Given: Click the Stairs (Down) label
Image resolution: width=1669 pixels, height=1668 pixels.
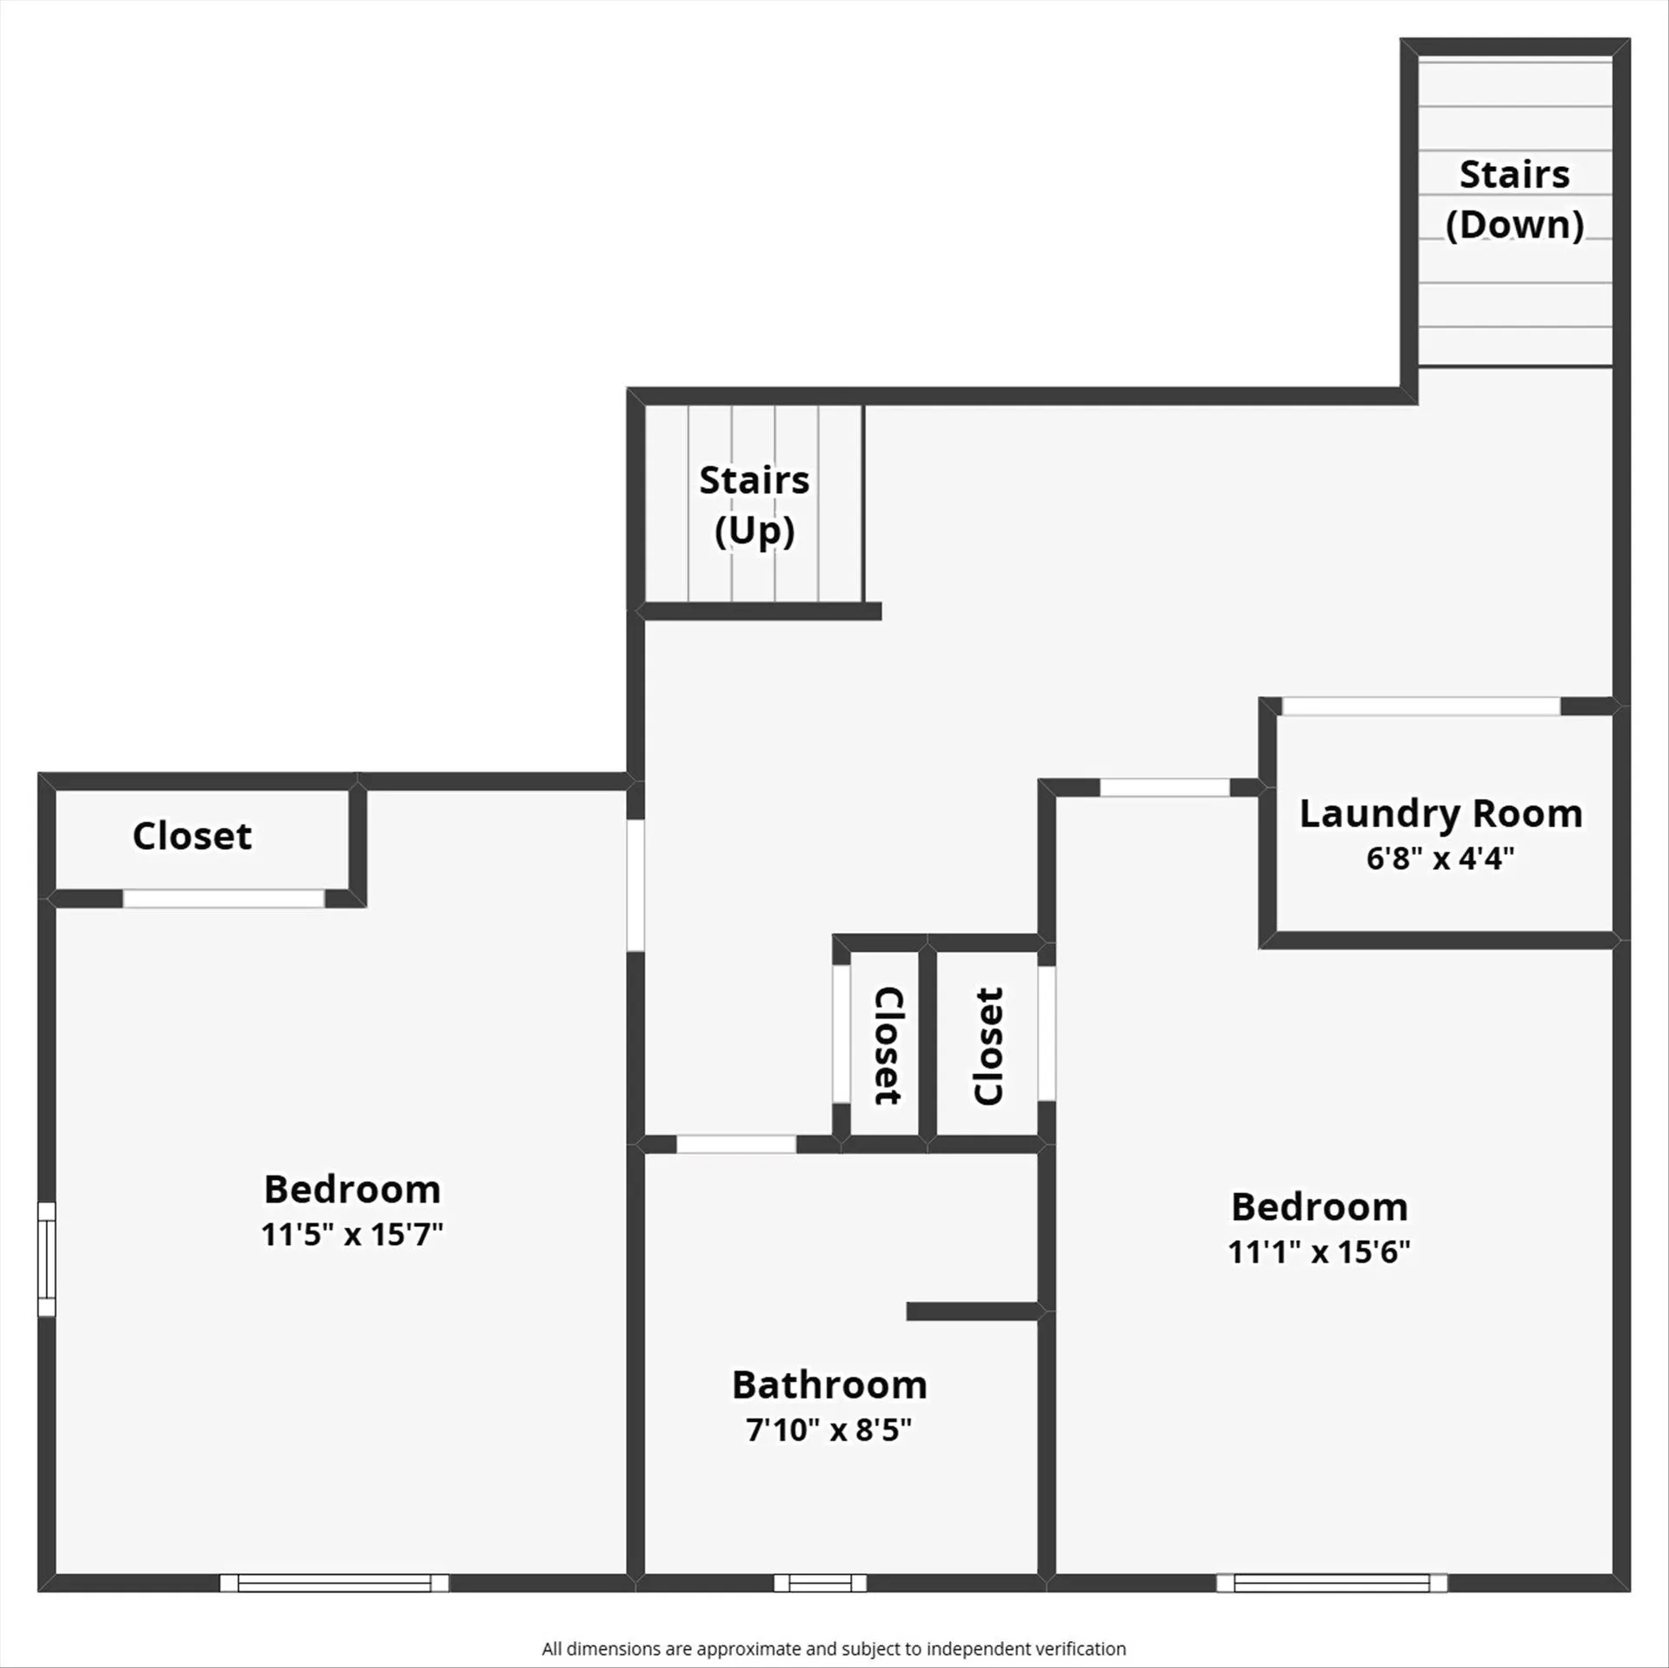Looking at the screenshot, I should click(1514, 199).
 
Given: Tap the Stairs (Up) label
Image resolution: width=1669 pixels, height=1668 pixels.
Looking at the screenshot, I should click(754, 504).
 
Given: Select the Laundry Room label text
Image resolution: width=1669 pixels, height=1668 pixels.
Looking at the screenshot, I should click(1440, 814).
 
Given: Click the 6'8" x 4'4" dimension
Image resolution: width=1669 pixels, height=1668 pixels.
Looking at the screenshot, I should click(1440, 859).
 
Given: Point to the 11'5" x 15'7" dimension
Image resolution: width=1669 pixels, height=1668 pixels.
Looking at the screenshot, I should click(352, 1234).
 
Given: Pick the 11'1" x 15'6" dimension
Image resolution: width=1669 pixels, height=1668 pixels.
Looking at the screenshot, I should click(1319, 1251).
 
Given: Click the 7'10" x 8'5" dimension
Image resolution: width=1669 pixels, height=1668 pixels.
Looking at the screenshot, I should click(828, 1430).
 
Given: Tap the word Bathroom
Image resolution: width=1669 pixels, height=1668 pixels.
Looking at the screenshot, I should click(829, 1384).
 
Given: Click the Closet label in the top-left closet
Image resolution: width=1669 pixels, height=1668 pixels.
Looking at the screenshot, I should click(192, 836).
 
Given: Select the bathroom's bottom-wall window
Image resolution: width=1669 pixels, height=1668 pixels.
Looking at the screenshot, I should click(820, 1583).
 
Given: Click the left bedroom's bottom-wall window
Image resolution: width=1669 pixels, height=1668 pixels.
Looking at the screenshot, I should click(334, 1583).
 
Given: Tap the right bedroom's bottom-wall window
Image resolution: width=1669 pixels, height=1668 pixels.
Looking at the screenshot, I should click(1331, 1583).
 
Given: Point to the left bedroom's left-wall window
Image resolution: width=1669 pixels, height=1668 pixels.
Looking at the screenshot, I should click(47, 1258).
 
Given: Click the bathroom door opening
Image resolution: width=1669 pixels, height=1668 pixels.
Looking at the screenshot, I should click(735, 1144).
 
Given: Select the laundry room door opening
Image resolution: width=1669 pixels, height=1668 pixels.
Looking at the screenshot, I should click(1420, 706).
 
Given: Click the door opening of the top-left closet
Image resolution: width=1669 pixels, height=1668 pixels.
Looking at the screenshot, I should click(223, 898).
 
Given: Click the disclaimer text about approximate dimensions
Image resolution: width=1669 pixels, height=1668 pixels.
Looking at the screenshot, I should click(834, 1649).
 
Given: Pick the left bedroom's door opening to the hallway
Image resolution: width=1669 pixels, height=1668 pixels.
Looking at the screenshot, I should click(635, 885).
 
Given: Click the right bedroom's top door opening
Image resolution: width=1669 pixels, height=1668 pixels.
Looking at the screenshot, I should click(1165, 788).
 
